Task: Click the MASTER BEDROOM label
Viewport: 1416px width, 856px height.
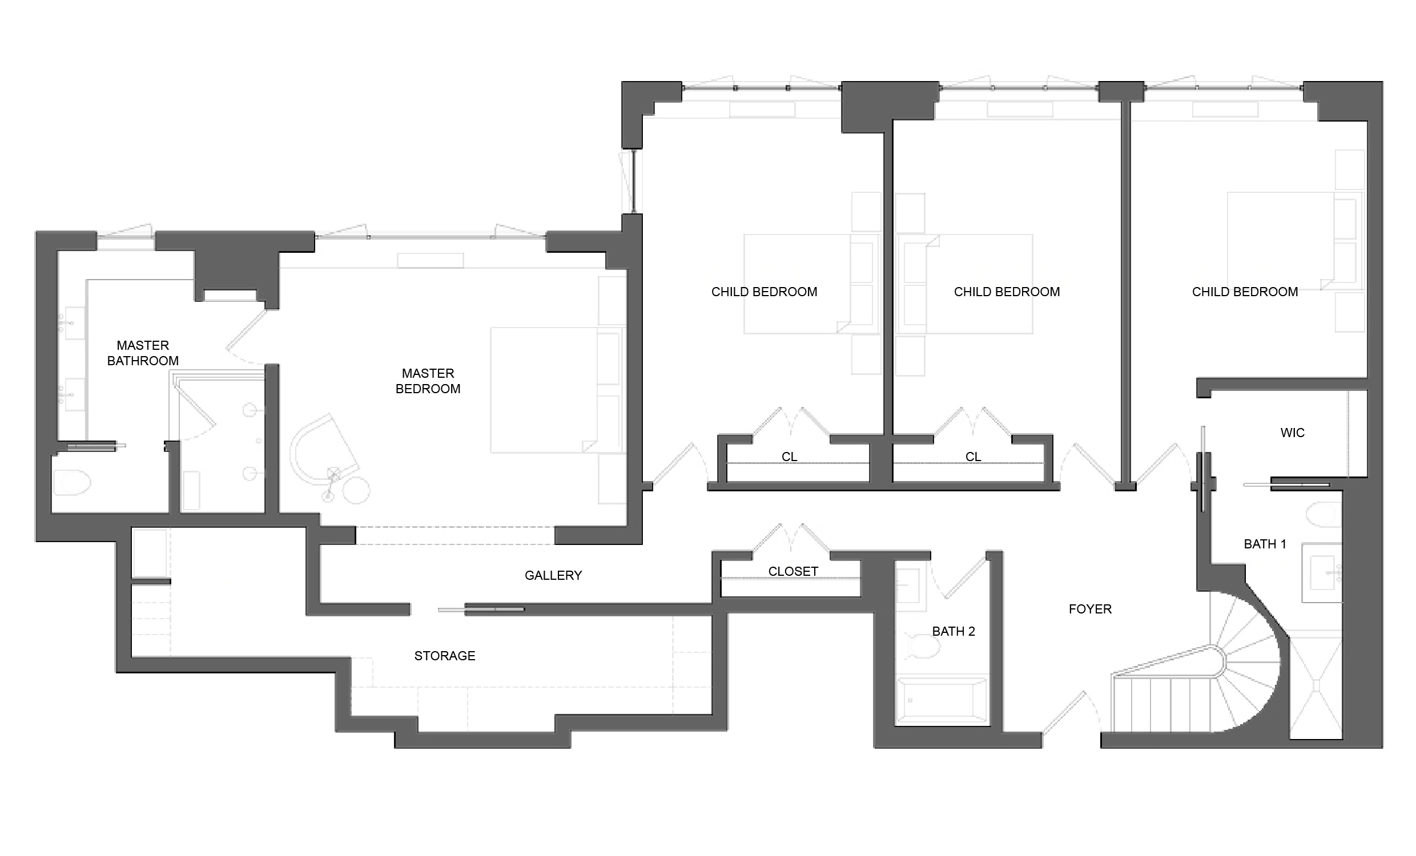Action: coord(428,381)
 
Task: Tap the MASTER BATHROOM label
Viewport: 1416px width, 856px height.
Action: coord(143,353)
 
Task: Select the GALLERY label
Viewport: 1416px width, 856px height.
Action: coord(553,575)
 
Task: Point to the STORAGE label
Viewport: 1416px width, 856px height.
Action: coord(444,656)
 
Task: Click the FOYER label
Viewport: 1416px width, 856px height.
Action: coord(1089,609)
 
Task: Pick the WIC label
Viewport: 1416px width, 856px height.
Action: coord(1292,433)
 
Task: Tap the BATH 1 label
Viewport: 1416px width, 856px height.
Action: coord(1264,543)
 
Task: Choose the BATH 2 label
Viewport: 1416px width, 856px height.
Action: coord(953,631)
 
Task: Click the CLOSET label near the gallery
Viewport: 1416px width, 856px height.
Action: coord(793,571)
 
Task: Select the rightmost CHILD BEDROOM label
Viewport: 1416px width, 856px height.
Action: coord(1244,291)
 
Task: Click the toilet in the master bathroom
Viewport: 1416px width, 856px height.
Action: coord(72,483)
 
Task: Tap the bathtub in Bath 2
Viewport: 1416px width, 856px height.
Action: coord(942,701)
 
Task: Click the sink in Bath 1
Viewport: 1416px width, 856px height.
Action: coord(1322,572)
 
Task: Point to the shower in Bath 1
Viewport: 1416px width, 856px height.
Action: coord(1316,684)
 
